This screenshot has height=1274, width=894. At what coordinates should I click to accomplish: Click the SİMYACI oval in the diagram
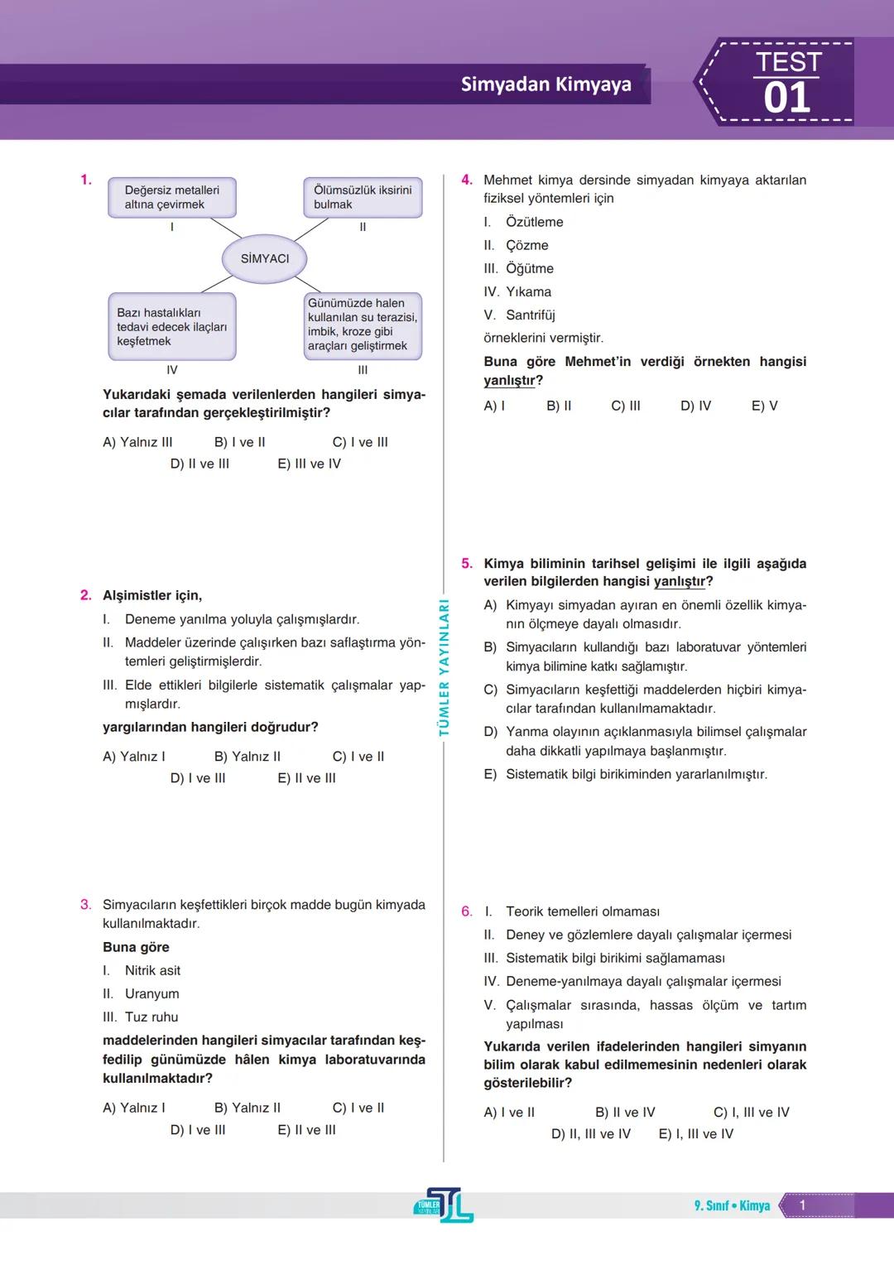coord(265,259)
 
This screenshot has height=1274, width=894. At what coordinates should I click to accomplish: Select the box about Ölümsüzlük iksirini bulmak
coord(363,197)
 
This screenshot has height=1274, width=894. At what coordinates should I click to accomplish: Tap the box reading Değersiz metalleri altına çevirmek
coord(172,197)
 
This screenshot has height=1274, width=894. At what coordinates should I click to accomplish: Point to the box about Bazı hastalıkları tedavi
coord(172,327)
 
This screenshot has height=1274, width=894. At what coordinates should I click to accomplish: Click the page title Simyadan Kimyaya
coord(546,84)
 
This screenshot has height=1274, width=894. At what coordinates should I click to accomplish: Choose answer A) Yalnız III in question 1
coord(137,442)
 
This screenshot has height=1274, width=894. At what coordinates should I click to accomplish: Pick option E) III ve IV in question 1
coord(309,464)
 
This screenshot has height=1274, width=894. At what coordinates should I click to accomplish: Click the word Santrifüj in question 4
coord(530,315)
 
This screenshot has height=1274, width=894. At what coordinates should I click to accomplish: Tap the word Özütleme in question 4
coord(534,222)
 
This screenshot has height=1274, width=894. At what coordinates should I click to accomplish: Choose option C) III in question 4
coord(626,406)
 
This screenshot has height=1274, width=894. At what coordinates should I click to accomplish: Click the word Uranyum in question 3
coord(151,993)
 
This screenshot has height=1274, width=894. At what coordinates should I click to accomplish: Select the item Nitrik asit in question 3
coord(152,970)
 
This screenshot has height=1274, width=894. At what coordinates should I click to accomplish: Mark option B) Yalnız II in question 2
coord(247,757)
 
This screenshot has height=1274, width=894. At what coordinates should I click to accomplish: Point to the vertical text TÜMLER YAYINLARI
coord(444,667)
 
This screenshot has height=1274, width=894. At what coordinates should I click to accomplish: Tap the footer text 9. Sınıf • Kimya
coord(732,1206)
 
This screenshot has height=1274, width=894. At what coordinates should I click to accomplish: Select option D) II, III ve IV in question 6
coord(590,1134)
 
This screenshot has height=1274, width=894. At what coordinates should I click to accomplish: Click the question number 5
coord(467,564)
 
